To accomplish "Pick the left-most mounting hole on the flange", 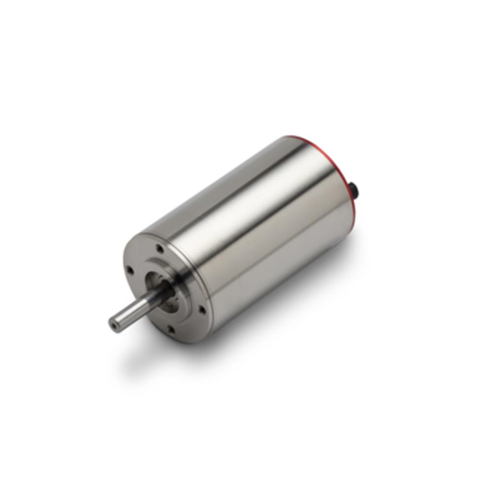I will [x=128, y=270].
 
